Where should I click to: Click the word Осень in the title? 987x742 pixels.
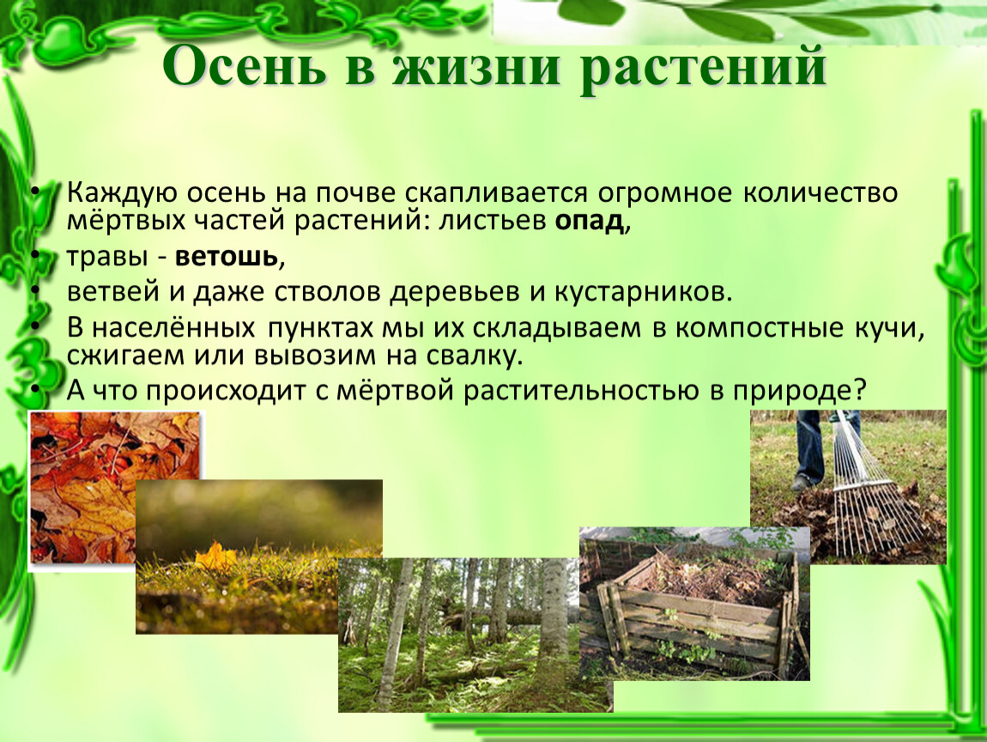pos(245,66)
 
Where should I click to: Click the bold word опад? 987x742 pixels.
pos(589,221)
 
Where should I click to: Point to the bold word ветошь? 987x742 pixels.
pos(227,257)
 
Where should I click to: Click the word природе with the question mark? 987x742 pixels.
pos(799,391)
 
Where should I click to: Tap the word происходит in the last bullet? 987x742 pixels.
pos(227,391)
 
